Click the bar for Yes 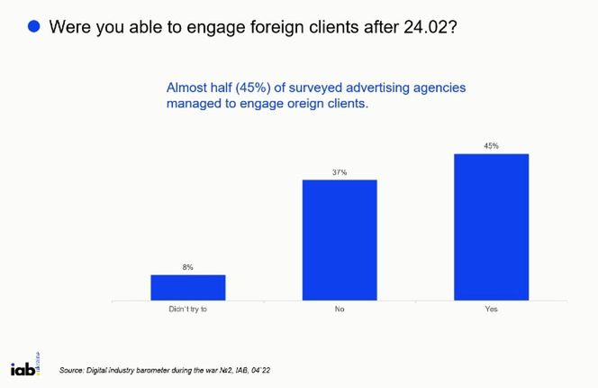(491, 226)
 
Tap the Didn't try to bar (187, 287)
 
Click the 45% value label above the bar (491, 145)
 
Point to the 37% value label (340, 171)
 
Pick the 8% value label (187, 267)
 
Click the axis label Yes (491, 309)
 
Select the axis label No (340, 309)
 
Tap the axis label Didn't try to (187, 309)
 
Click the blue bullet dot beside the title (34, 26)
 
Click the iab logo (25, 365)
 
